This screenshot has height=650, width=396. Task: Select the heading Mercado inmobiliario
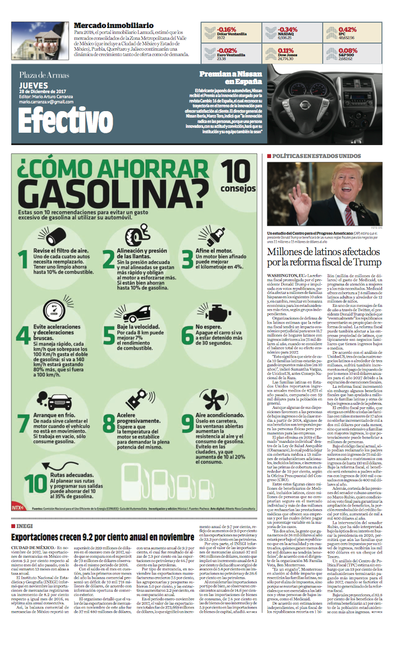[113, 25]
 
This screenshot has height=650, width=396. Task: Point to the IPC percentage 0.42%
[348, 30]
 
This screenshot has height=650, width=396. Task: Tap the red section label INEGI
[25, 525]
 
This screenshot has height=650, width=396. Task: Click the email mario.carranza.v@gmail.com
[46, 101]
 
